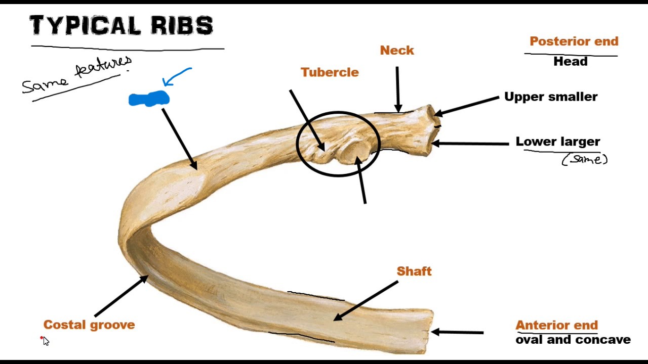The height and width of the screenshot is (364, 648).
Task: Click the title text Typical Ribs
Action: tap(121, 25)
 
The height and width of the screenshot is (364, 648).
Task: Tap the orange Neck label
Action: tap(397, 51)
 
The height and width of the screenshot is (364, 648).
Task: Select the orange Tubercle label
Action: tap(330, 72)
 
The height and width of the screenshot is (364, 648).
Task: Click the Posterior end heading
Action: tap(574, 41)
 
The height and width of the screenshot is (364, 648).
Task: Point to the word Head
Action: tap(570, 62)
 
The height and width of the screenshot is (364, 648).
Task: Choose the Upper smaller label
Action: tap(551, 97)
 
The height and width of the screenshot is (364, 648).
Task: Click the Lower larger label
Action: tap(557, 142)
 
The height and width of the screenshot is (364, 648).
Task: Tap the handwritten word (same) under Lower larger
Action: tap(585, 160)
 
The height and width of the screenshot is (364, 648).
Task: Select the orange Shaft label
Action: tap(414, 271)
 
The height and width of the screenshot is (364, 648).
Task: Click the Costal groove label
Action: tap(89, 325)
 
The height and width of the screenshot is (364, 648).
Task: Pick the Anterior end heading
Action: tap(556, 325)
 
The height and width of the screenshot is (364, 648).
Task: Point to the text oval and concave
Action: tap(573, 340)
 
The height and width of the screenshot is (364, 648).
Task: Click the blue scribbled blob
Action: tap(148, 99)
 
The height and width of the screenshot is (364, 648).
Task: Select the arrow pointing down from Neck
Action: tap(397, 89)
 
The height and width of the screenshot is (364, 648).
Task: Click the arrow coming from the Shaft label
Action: tap(366, 301)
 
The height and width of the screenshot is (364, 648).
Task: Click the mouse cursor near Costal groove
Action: tap(46, 341)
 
